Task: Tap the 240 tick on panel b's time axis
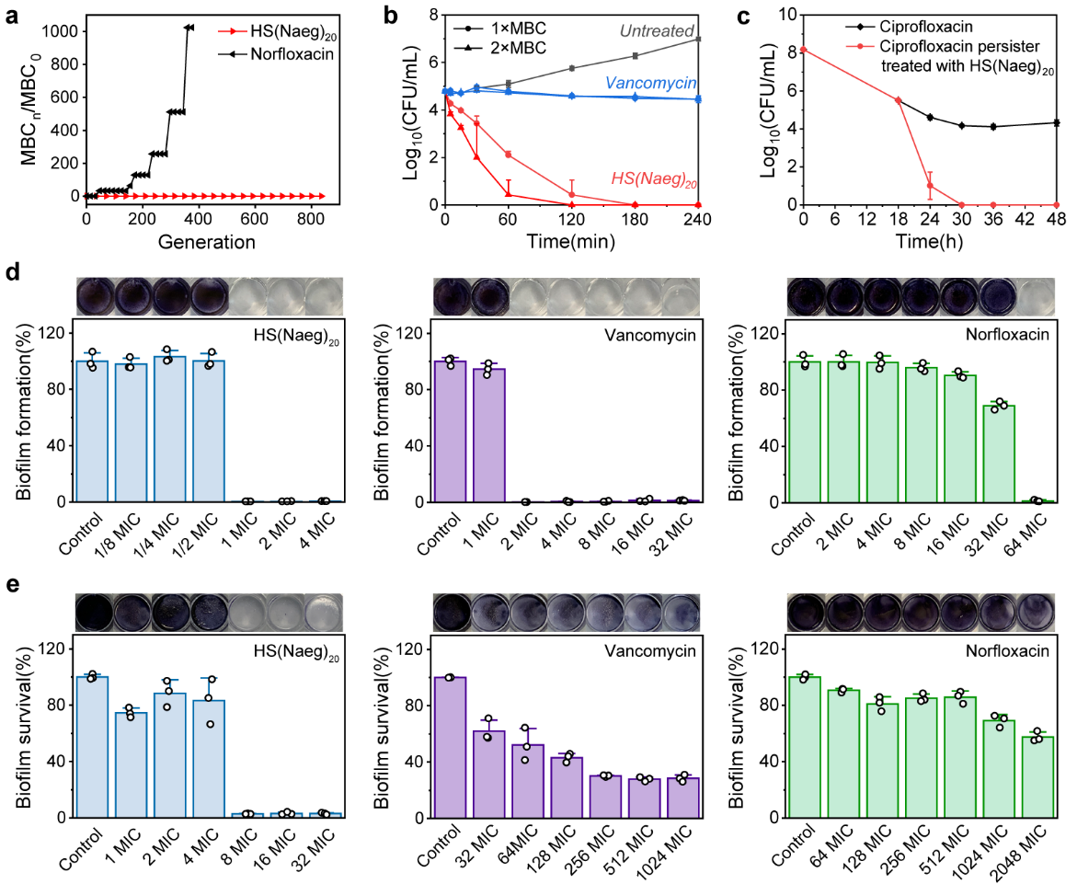[x=699, y=220]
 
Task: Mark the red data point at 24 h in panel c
[x=930, y=186]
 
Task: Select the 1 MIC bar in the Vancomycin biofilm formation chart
[x=488, y=435]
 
